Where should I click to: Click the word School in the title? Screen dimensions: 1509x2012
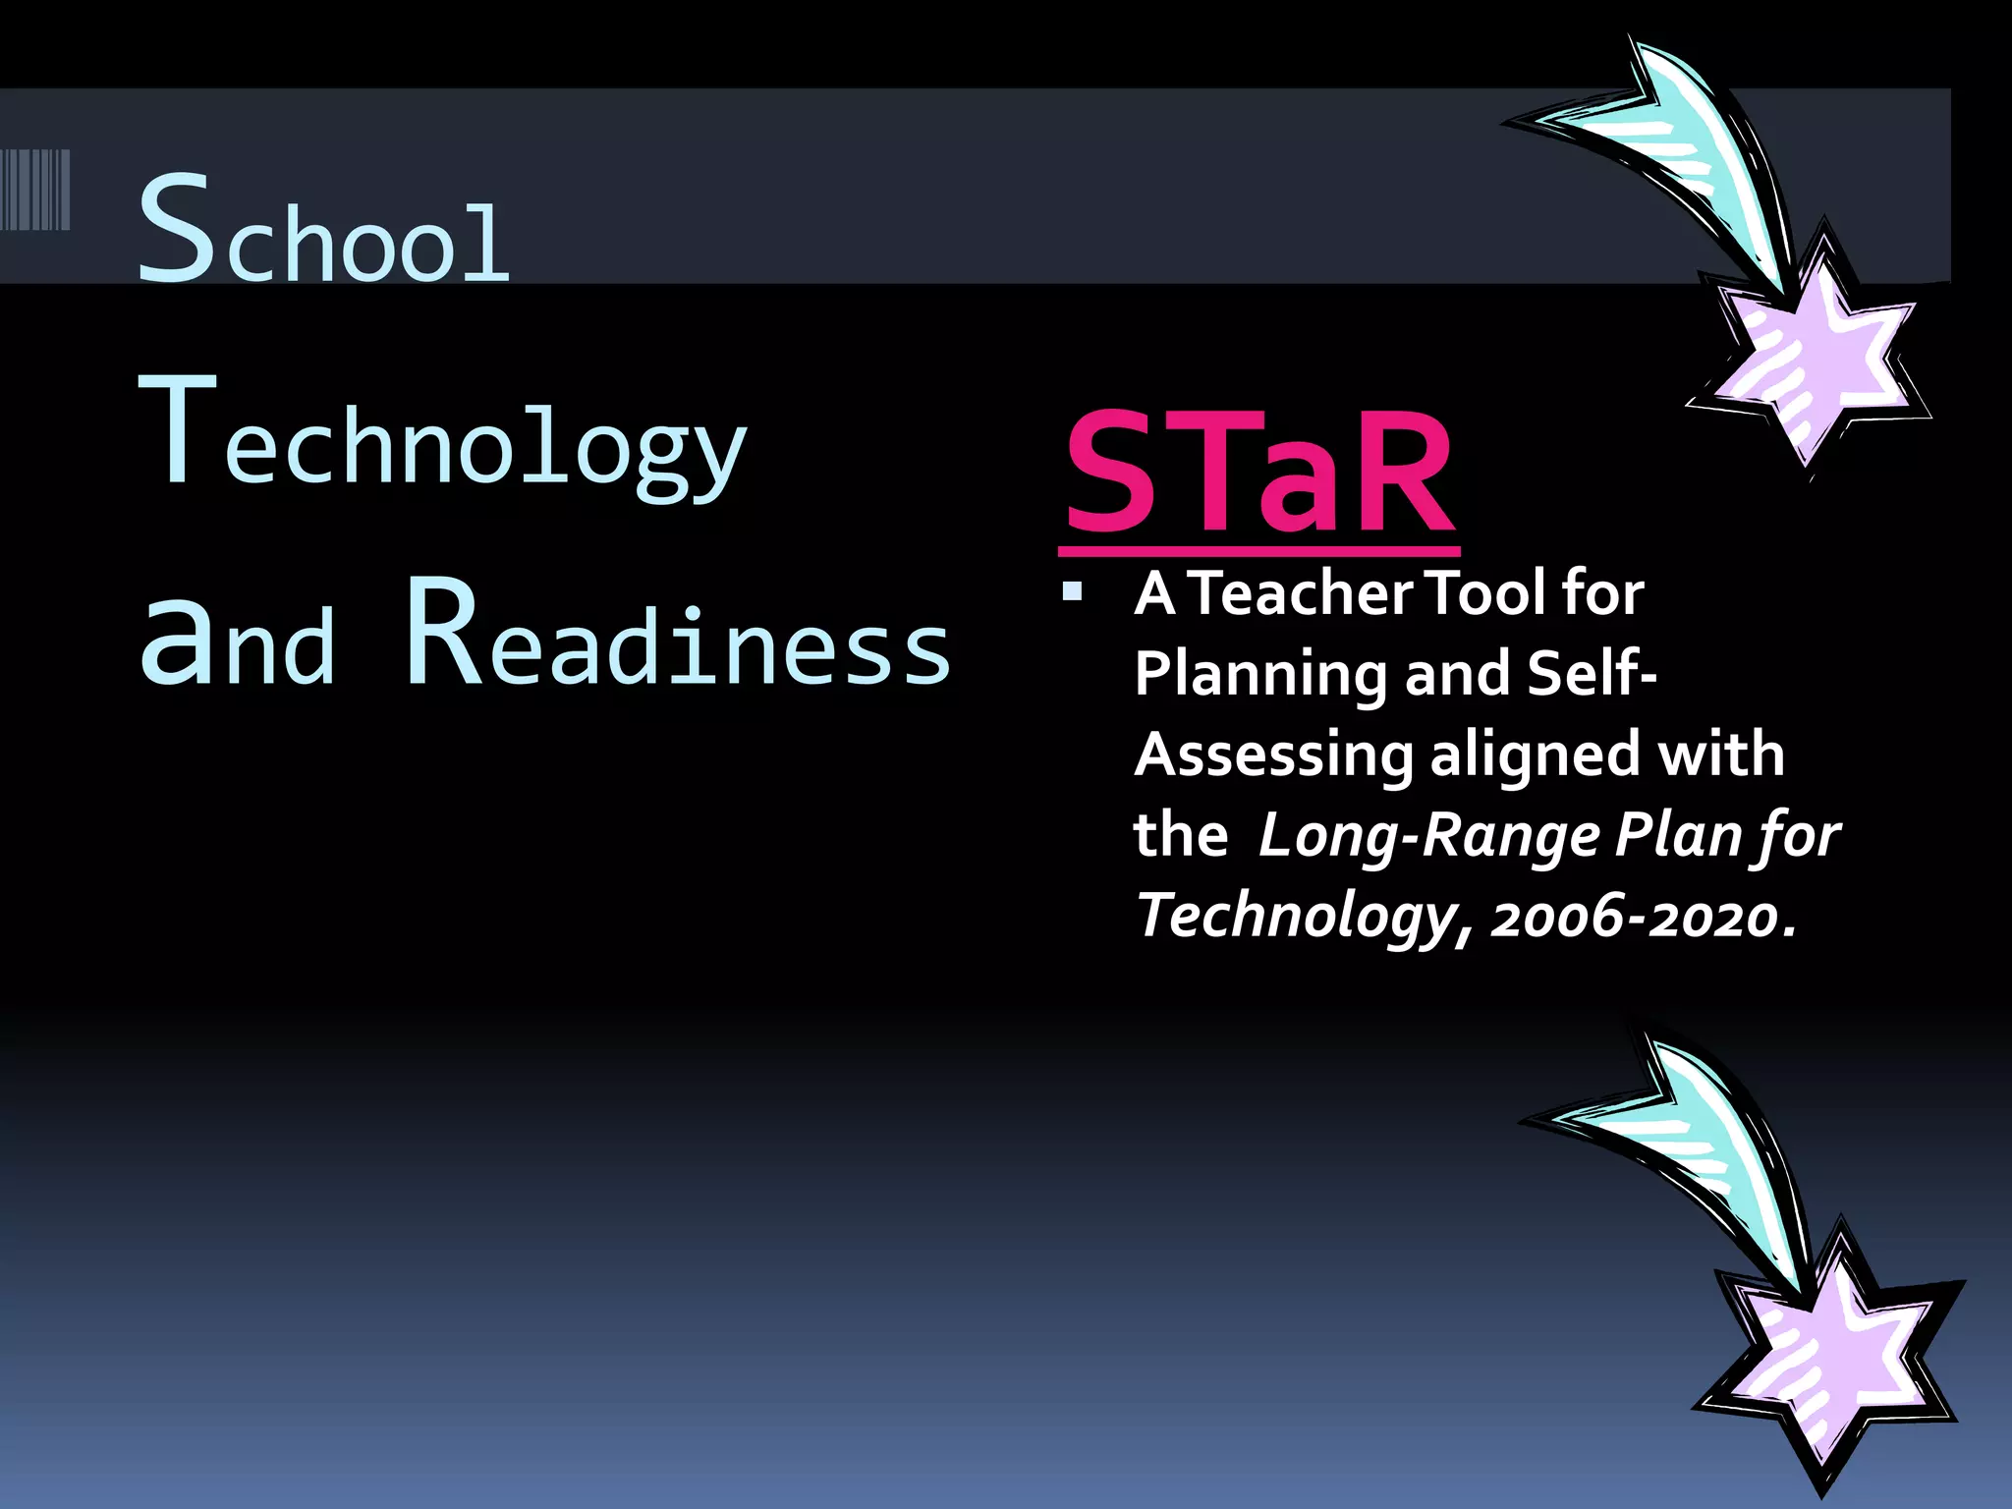pos(324,231)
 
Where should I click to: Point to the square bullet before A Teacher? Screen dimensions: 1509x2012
pos(1072,592)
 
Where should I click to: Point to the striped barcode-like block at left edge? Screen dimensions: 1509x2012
pos(36,190)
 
